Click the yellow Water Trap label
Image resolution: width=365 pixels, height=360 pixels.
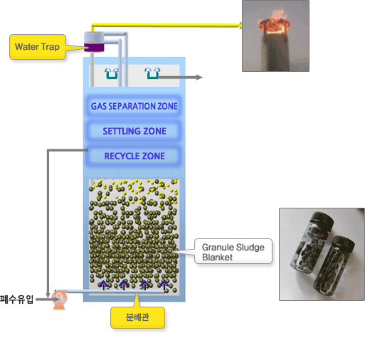point(38,47)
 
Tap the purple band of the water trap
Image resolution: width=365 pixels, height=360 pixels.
point(94,47)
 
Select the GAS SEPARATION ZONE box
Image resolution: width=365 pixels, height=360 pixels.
point(134,106)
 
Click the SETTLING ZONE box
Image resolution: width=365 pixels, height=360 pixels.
point(134,131)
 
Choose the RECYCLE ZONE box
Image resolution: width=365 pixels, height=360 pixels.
point(134,156)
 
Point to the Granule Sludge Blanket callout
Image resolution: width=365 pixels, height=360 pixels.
point(233,251)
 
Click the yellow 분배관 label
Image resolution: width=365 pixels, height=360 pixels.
point(137,317)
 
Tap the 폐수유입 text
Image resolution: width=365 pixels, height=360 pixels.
point(16,300)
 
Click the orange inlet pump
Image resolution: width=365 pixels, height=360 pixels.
point(59,300)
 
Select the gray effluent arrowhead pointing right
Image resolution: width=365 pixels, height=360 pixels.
point(199,78)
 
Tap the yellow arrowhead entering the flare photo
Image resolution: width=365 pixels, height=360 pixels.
point(240,25)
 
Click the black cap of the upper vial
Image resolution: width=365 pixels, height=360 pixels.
point(322,221)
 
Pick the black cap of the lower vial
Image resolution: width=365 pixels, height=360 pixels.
point(343,245)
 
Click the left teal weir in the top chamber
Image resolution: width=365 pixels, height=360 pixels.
point(112,73)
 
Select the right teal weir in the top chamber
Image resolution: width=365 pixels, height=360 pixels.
point(152,73)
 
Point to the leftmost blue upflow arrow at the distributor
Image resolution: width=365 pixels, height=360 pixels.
point(103,285)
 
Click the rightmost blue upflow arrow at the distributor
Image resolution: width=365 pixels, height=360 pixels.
point(164,285)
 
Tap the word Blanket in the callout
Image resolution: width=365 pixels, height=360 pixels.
point(217,258)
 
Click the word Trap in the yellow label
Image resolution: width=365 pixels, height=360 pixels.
point(50,47)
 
